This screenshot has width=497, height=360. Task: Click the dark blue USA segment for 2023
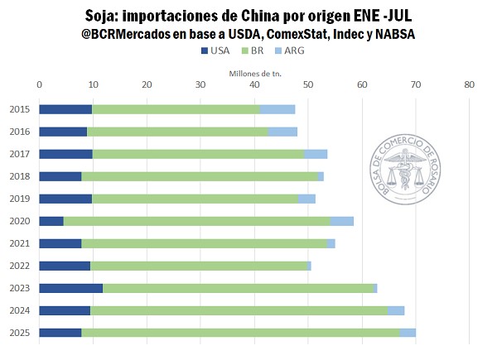click(71, 288)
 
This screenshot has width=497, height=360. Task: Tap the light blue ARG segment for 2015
click(277, 109)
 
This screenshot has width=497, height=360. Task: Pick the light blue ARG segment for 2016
click(282, 132)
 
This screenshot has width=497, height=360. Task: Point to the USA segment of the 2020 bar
click(51, 221)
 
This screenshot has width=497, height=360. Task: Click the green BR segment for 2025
click(240, 333)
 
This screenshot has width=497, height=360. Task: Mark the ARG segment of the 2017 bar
click(316, 154)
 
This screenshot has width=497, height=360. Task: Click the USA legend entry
click(215, 51)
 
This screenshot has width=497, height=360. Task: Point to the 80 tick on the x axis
click(470, 84)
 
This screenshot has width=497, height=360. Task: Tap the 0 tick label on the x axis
click(40, 84)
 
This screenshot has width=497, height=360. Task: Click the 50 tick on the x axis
click(308, 84)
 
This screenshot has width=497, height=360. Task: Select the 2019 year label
click(20, 199)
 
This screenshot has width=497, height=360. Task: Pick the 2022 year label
click(20, 266)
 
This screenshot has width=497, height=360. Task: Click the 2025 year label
click(20, 333)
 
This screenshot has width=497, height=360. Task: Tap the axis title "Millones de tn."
click(255, 72)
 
